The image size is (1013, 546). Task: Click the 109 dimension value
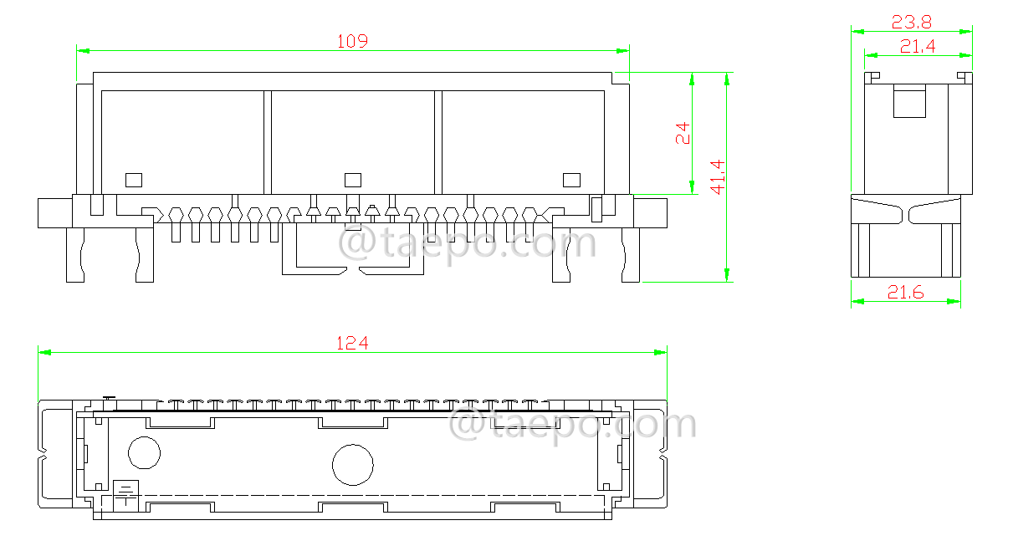(x=352, y=40)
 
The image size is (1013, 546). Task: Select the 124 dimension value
(x=352, y=343)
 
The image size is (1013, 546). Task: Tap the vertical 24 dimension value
(x=683, y=134)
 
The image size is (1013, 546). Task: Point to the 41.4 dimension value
(x=718, y=177)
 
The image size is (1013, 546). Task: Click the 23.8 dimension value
(x=911, y=22)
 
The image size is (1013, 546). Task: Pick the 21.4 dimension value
(x=917, y=47)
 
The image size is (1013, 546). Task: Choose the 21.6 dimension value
(x=905, y=293)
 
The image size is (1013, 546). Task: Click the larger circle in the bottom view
(x=352, y=466)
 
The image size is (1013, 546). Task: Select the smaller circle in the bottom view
(x=144, y=452)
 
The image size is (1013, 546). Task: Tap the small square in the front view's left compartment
(x=134, y=179)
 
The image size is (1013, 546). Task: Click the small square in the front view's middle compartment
(x=352, y=179)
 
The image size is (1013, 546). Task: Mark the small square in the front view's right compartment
(x=571, y=179)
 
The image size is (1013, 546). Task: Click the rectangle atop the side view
(x=909, y=101)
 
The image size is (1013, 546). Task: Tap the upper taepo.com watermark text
(x=467, y=244)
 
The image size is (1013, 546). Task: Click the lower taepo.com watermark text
(x=573, y=424)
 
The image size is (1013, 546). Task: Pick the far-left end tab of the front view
(x=55, y=212)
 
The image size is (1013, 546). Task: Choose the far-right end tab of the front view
(x=650, y=212)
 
